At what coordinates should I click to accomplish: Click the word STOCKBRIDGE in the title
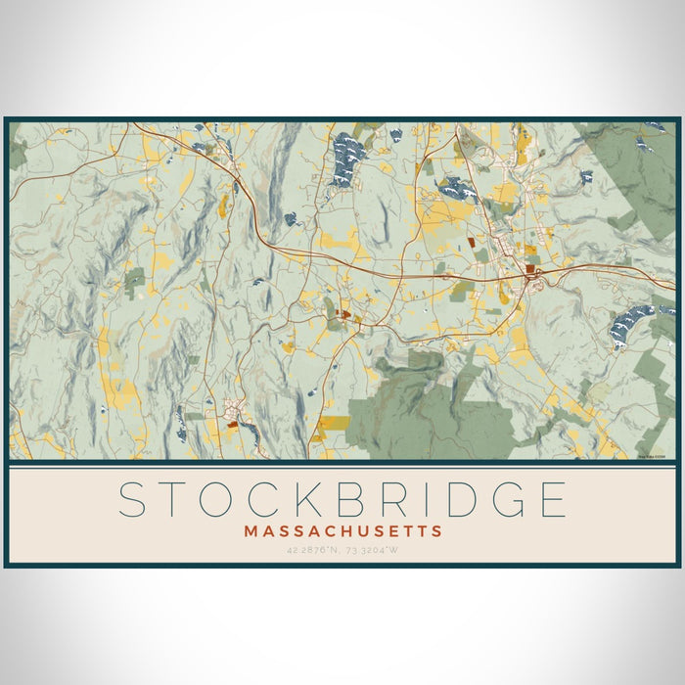pyautogui.click(x=342, y=499)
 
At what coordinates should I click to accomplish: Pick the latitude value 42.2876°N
pyautogui.click(x=309, y=550)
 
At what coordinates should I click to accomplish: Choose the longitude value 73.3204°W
pyautogui.click(x=377, y=550)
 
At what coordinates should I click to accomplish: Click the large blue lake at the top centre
pyautogui.click(x=348, y=157)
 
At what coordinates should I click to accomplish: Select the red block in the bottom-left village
pyautogui.click(x=232, y=424)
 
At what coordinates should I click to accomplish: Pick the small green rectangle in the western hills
pyautogui.click(x=134, y=281)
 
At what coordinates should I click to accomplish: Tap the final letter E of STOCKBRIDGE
pyautogui.click(x=554, y=499)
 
